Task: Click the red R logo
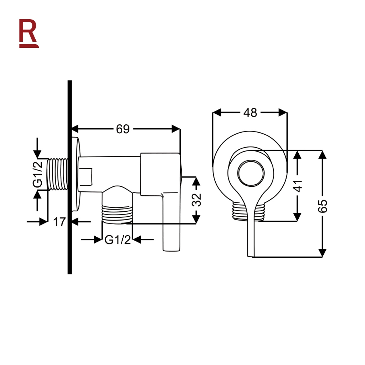(29, 34)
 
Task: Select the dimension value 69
(123, 129)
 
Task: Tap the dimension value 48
(250, 113)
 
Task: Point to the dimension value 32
(196, 200)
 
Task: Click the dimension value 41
(298, 186)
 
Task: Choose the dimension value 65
(323, 206)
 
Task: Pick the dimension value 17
(59, 222)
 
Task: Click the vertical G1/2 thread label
(38, 174)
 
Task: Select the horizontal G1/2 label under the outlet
(118, 240)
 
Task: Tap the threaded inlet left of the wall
(57, 174)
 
